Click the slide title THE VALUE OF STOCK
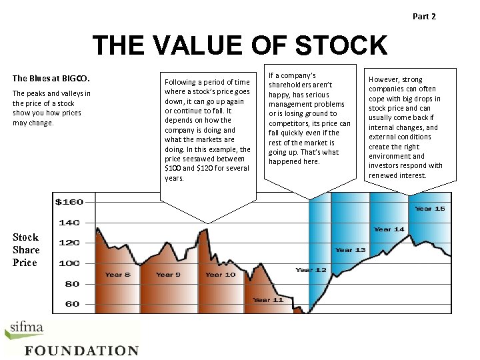point(239,46)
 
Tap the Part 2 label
point(424,16)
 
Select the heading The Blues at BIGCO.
point(51,78)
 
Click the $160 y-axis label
point(69,201)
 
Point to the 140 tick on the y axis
point(69,222)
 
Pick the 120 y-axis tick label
point(69,243)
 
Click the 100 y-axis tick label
point(69,263)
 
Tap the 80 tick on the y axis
point(71,283)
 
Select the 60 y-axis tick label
point(71,304)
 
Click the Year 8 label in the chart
point(117,275)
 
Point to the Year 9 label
point(169,275)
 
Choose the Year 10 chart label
point(220,275)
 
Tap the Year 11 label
point(268,300)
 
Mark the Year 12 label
point(311,270)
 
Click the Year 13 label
point(350,250)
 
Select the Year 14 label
point(389,229)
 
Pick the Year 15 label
point(429,209)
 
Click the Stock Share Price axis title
point(26,250)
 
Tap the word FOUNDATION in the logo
point(81,351)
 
